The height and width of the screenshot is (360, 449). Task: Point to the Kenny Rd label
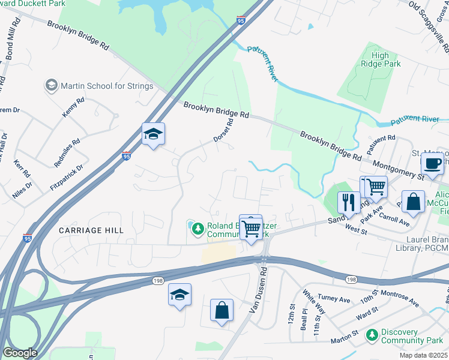pos(70,108)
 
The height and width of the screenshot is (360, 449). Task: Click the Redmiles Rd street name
pos(67,154)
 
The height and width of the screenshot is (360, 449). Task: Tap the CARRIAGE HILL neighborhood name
pos(91,230)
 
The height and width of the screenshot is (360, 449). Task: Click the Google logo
pos(20,353)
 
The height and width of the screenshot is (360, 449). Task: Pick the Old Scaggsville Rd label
pos(429,17)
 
